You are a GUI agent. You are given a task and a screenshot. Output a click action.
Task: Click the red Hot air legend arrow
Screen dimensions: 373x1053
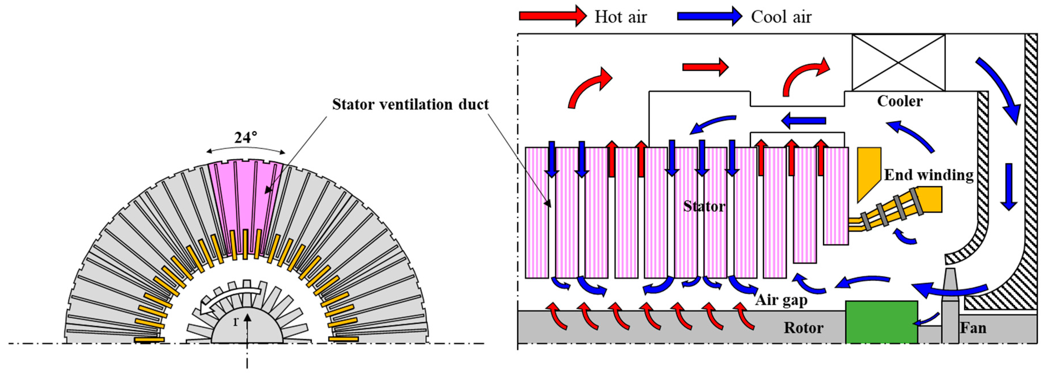coord(552,16)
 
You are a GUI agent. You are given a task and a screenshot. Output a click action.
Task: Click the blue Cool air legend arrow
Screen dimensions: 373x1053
coord(709,16)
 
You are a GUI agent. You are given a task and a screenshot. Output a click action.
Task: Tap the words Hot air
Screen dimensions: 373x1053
coord(621,17)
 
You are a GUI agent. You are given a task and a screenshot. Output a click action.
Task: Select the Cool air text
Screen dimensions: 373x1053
coord(781,17)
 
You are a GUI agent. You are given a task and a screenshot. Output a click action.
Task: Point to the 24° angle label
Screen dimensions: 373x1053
coord(246,138)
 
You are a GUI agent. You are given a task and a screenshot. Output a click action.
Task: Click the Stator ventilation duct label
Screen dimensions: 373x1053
coord(410,105)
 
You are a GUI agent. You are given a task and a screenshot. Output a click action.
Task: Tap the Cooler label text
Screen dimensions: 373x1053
coord(900,101)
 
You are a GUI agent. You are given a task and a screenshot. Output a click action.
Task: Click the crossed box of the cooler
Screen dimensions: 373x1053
coord(898,63)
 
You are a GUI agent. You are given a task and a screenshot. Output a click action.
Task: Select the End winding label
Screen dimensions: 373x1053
coord(929,175)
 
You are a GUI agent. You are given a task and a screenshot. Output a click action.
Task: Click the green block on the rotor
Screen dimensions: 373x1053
coord(881,322)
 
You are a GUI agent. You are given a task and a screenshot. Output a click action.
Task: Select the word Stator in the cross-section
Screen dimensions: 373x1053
coord(704,206)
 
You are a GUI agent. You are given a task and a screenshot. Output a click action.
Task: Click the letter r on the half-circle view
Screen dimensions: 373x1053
coord(235,322)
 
